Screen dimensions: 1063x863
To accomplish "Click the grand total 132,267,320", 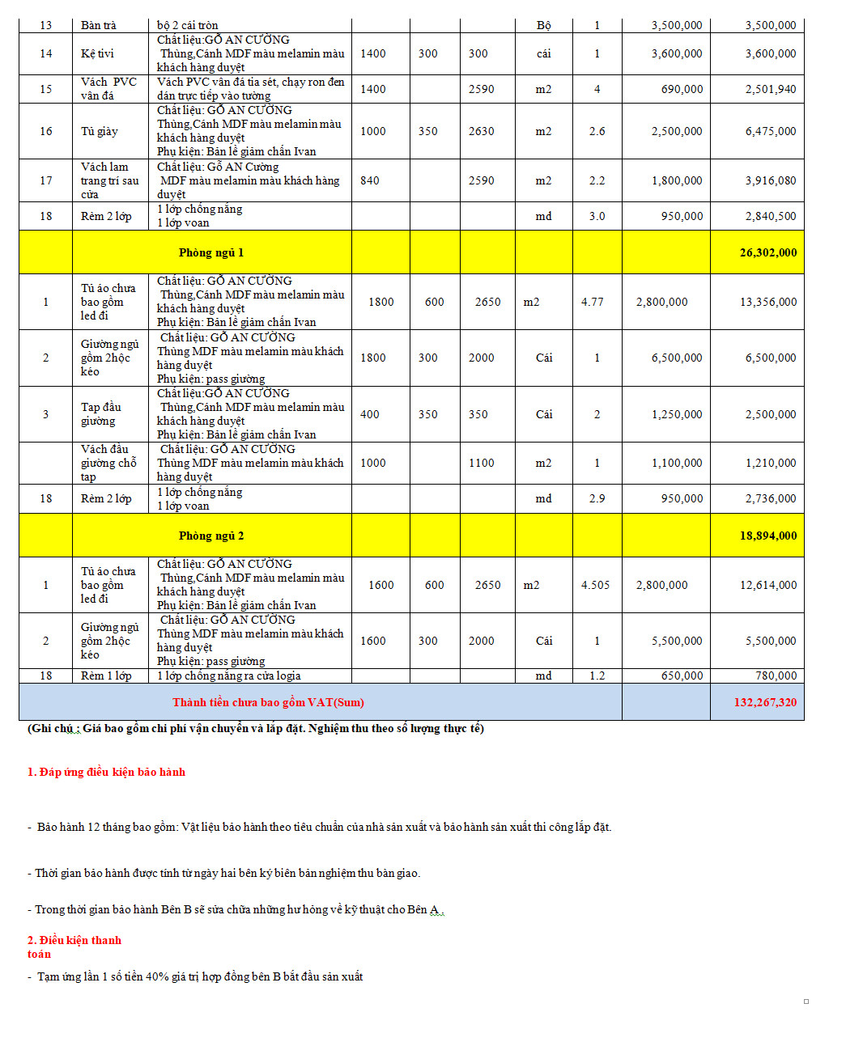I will pyautogui.click(x=764, y=702).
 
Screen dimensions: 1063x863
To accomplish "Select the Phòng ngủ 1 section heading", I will pyautogui.click(x=211, y=252).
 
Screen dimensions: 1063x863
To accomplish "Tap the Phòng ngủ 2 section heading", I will pyautogui.click(x=211, y=536).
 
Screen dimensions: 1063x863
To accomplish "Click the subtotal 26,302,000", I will pyautogui.click(x=767, y=252).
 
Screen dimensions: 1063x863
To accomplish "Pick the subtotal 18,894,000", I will pyautogui.click(x=767, y=536).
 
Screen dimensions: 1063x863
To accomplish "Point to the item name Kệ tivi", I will pyautogui.click(x=97, y=53).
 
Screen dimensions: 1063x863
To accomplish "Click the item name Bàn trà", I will pyautogui.click(x=98, y=25).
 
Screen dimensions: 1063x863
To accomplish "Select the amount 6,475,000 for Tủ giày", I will pyautogui.click(x=770, y=131).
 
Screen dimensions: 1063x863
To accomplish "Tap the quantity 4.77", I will pyautogui.click(x=593, y=302).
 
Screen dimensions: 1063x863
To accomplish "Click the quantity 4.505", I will pyautogui.click(x=595, y=585).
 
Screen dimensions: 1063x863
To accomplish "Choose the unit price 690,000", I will pyautogui.click(x=682, y=89).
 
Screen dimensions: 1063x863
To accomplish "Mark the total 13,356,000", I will pyautogui.click(x=767, y=302).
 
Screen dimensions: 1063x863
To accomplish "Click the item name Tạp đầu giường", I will pyautogui.click(x=100, y=414).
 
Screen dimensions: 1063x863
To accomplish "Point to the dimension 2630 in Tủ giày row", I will pyautogui.click(x=481, y=131).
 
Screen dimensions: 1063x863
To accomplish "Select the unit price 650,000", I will pyautogui.click(x=682, y=675).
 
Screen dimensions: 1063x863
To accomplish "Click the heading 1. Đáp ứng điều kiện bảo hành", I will pyautogui.click(x=106, y=772).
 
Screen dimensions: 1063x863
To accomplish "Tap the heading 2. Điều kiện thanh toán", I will pyautogui.click(x=74, y=947).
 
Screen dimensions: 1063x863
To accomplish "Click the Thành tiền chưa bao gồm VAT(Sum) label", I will pyautogui.click(x=268, y=702).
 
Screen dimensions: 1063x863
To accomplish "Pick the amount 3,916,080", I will pyautogui.click(x=770, y=180).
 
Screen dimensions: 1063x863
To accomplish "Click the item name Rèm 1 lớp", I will pyautogui.click(x=105, y=675).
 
